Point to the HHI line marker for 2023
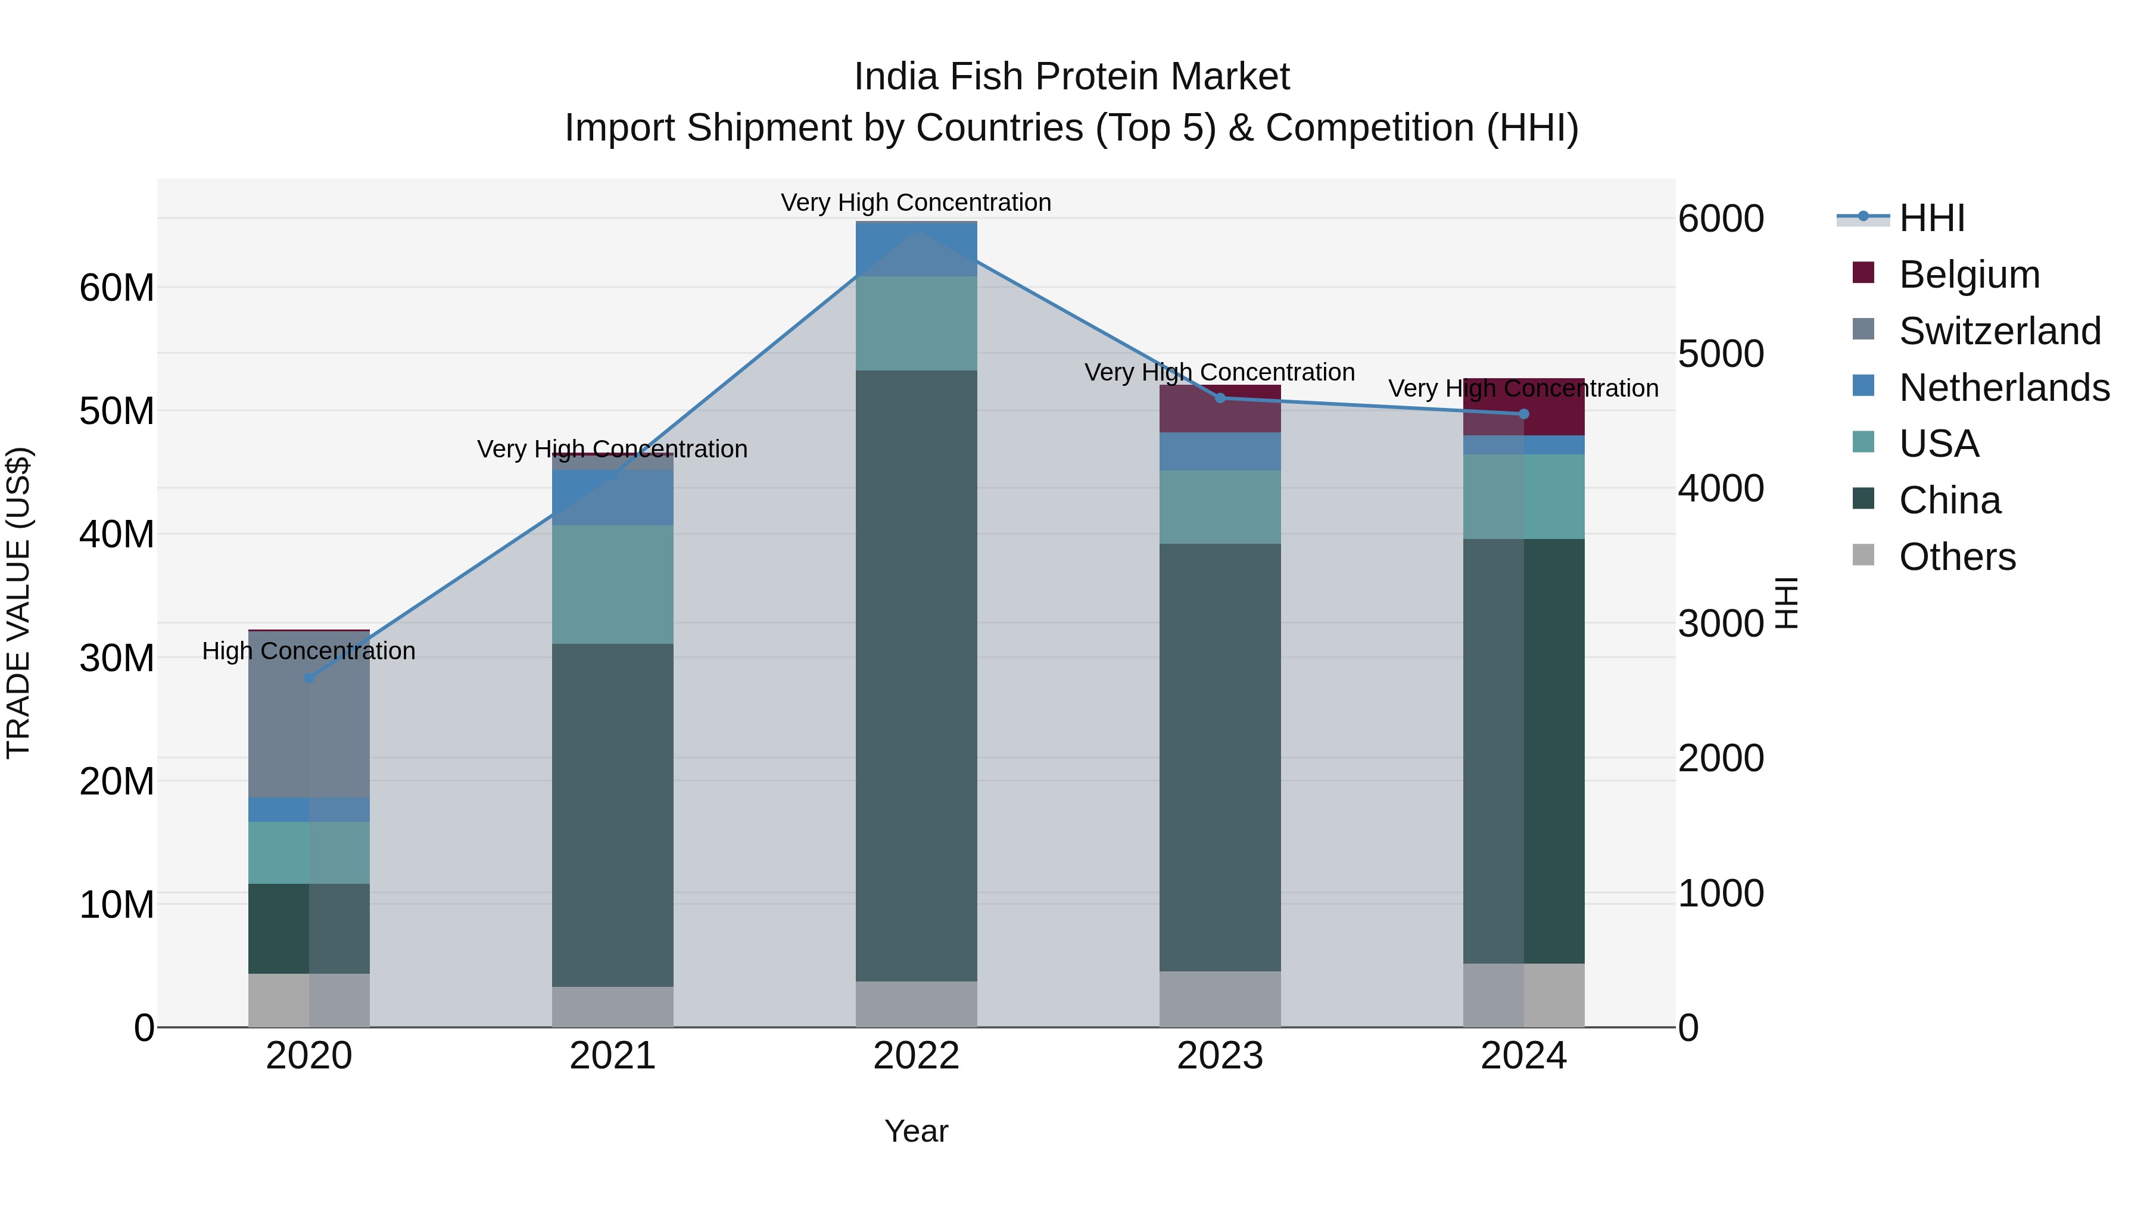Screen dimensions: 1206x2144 coord(1220,398)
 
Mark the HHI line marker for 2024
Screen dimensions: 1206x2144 coord(1524,414)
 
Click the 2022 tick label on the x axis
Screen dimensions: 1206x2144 coord(917,1056)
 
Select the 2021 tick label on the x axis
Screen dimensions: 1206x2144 coord(613,1056)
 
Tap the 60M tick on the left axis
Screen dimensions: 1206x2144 coord(117,288)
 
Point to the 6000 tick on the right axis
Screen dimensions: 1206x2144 coord(1721,219)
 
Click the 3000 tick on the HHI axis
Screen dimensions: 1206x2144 coord(1721,624)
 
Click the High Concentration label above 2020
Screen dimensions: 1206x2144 coord(308,651)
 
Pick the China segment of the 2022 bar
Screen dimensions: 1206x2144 coord(917,674)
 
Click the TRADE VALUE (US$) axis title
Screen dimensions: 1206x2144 coord(18,603)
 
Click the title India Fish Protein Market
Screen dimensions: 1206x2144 coord(1071,77)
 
